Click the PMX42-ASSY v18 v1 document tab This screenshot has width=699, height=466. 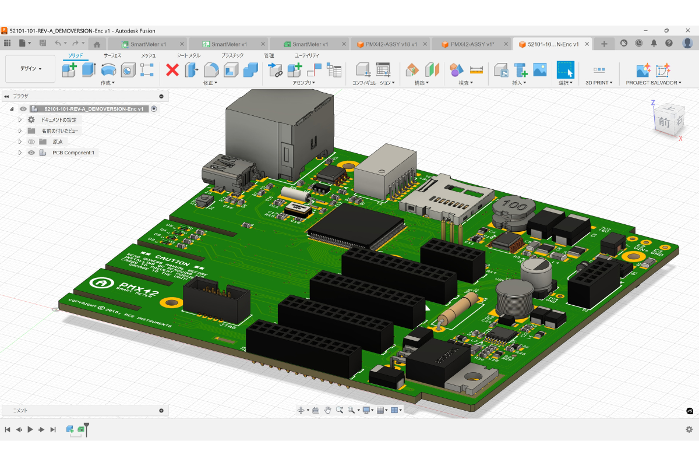[387, 44]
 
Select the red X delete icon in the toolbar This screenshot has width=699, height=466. [172, 70]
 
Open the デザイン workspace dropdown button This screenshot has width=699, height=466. [31, 69]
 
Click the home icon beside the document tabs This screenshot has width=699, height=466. [97, 44]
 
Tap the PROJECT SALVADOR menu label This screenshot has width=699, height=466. [653, 83]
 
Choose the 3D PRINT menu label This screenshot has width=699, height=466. [599, 83]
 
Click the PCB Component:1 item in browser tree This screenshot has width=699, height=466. [73, 153]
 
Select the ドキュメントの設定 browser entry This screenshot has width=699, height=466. [66, 119]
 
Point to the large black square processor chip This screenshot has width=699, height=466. [356, 225]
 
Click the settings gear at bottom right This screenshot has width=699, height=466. [689, 429]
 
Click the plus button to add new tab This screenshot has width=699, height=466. [604, 44]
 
